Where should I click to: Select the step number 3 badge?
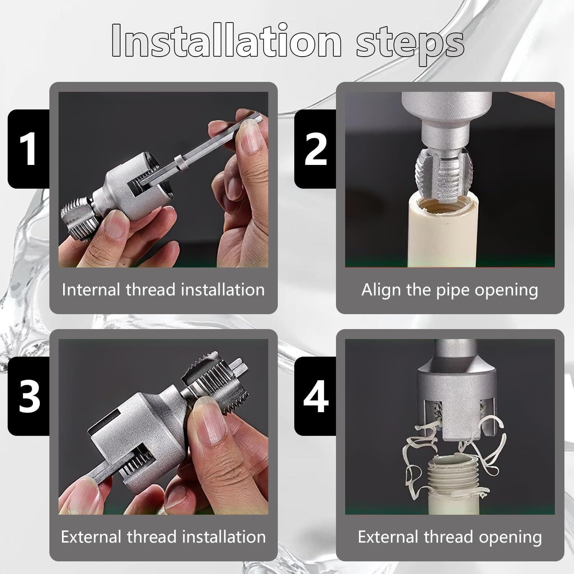click(x=29, y=396)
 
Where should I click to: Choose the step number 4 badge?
click(x=315, y=396)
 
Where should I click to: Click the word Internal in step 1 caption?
click(x=91, y=290)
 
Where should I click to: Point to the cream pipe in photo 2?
click(x=444, y=237)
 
